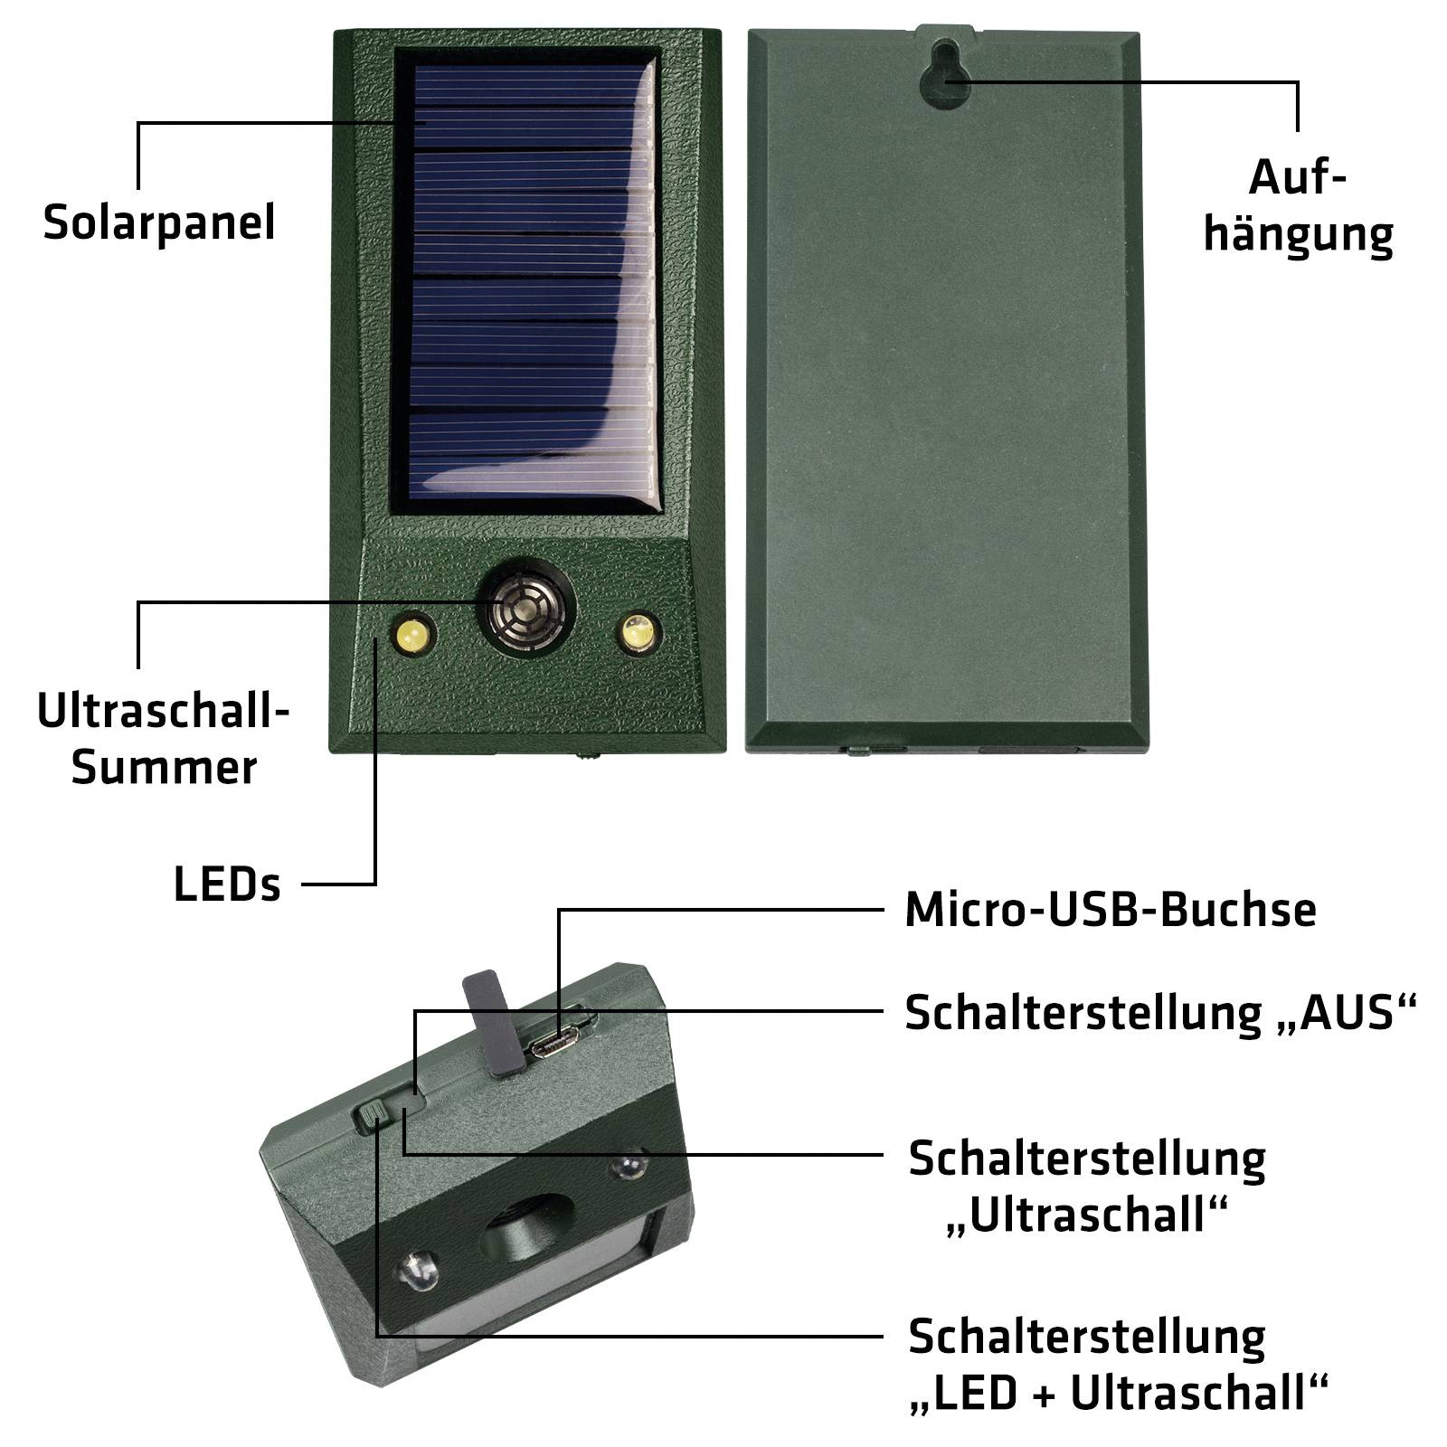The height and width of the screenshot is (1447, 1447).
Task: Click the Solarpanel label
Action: point(158,222)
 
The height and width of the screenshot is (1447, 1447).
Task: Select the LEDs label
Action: point(227,884)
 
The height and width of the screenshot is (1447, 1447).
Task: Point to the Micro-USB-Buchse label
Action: point(1110,910)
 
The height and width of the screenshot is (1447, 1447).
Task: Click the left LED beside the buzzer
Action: point(413,634)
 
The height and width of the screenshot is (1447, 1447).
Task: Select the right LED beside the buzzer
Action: point(639,631)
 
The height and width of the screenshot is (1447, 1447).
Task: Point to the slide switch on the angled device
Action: point(372,1115)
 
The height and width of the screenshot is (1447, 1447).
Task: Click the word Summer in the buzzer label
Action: point(164,768)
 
